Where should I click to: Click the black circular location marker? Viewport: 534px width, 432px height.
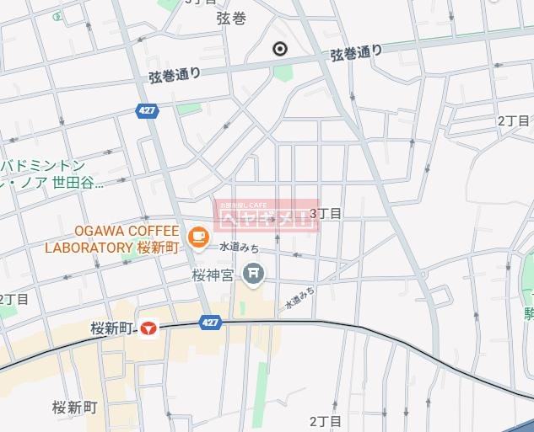pos(280,49)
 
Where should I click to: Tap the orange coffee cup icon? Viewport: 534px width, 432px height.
pos(198,237)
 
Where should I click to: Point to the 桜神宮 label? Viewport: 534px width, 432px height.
pos(212,274)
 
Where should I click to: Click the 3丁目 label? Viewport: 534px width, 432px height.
pos(325,213)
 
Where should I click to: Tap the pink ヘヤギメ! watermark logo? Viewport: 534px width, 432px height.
pos(266,216)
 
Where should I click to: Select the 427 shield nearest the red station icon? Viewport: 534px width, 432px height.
pos(211,322)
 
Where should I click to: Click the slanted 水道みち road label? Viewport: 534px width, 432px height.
pos(299,296)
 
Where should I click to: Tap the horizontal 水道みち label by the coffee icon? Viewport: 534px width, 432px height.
pos(238,248)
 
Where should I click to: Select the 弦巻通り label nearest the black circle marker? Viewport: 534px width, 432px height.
pos(356,53)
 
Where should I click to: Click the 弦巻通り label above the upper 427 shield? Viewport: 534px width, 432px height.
pos(175,75)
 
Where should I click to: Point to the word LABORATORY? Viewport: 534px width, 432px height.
pos(88,248)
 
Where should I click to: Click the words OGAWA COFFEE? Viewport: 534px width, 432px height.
pos(127,231)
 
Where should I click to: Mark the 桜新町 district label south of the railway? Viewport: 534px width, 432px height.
pos(74,408)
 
